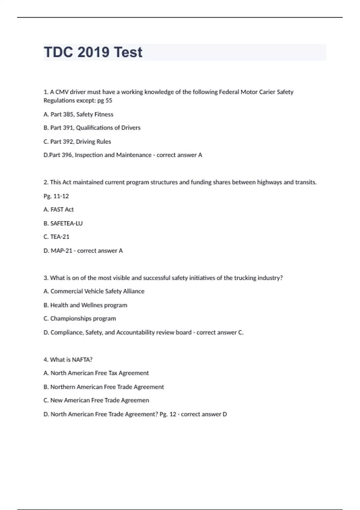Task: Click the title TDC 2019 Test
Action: click(x=93, y=52)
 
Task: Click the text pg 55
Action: click(x=105, y=100)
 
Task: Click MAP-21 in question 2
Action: click(x=61, y=250)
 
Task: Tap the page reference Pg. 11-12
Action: click(x=56, y=196)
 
